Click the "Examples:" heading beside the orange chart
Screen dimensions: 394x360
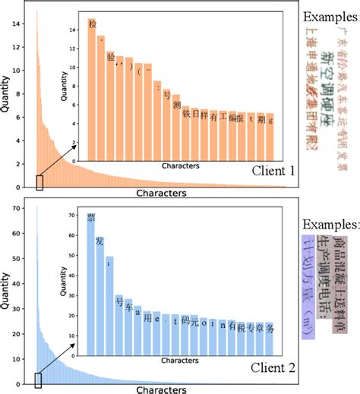tap(330, 17)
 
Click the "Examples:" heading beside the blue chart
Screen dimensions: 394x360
tap(330, 225)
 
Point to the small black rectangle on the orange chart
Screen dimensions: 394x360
tap(40, 182)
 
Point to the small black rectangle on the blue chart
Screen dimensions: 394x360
tap(39, 380)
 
